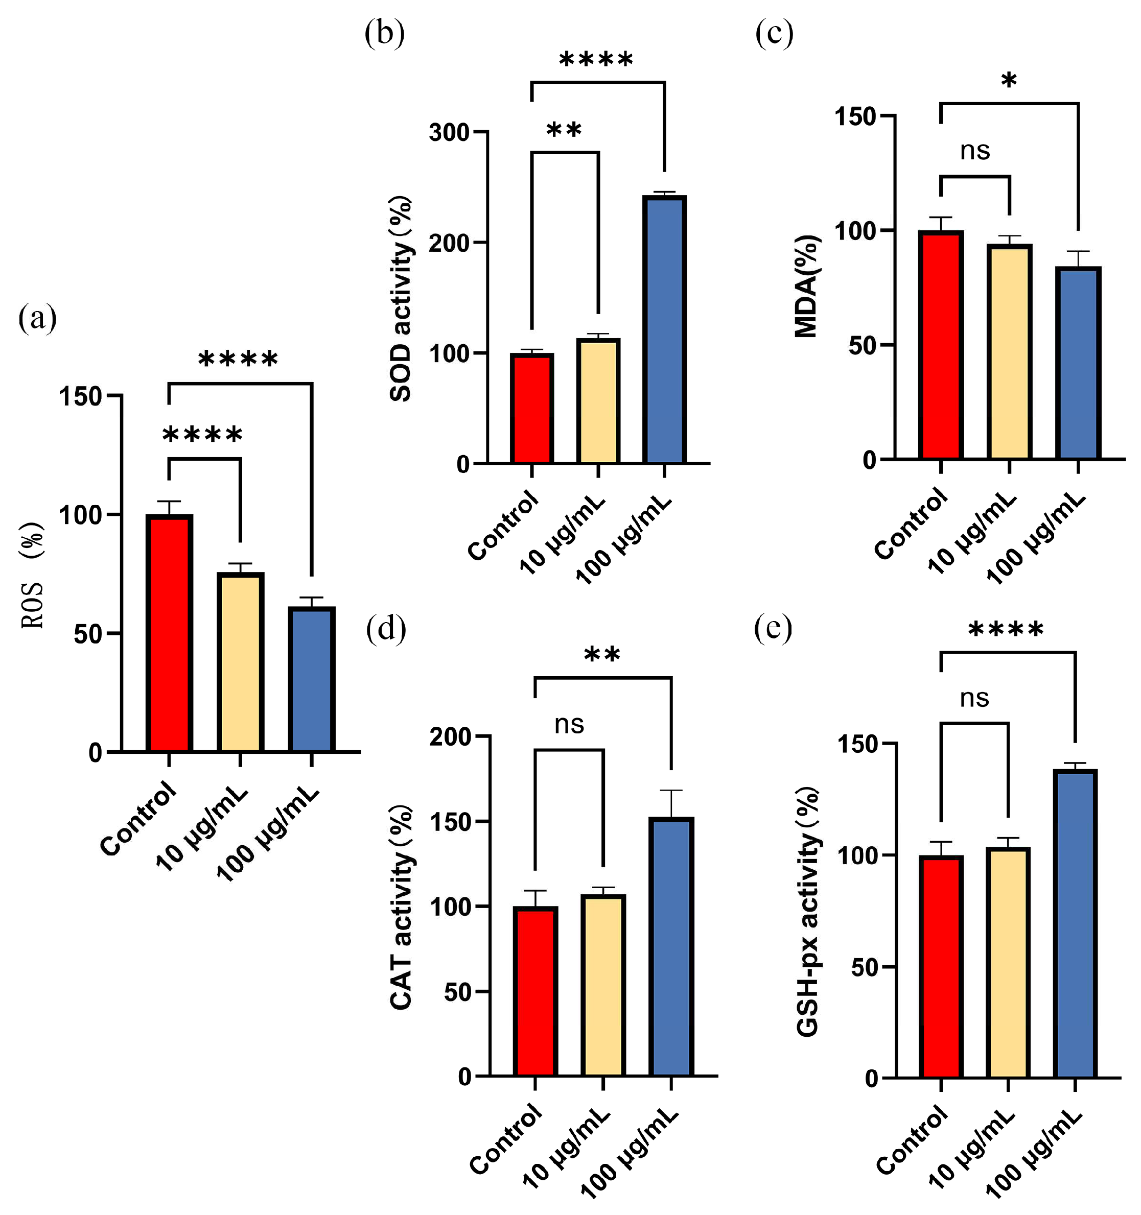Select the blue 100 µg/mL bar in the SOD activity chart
(x=665, y=330)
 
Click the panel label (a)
(x=38, y=318)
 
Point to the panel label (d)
(x=386, y=629)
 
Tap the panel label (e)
(x=773, y=628)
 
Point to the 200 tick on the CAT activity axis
(x=451, y=737)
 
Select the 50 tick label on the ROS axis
(x=87, y=634)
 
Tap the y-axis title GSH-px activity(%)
(x=808, y=911)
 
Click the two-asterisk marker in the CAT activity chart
(x=602, y=656)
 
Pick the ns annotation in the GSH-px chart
(x=974, y=699)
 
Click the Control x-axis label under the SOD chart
(x=503, y=526)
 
